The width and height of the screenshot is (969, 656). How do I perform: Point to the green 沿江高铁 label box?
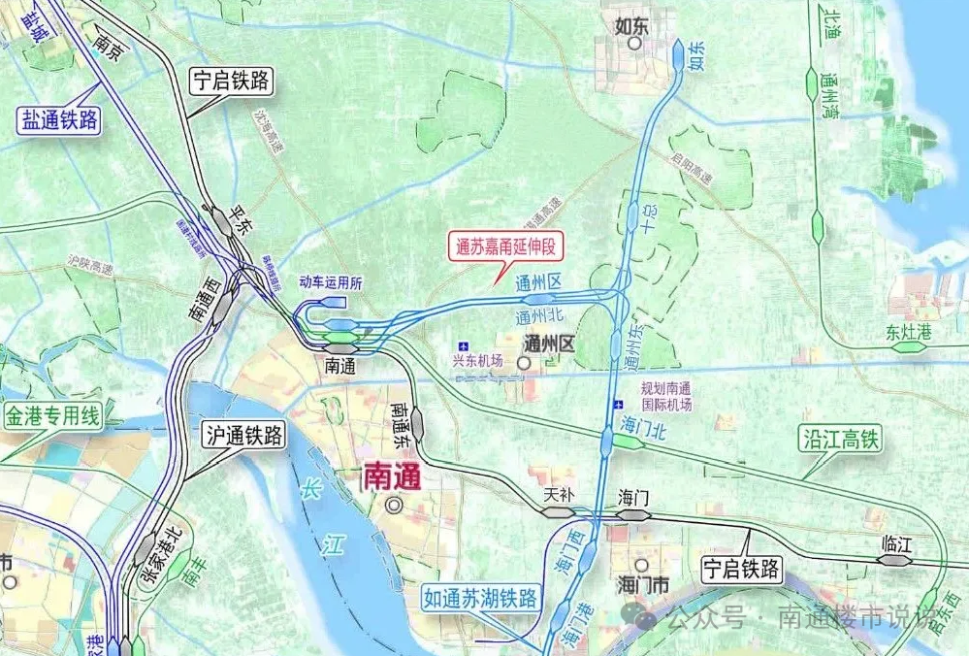(x=840, y=440)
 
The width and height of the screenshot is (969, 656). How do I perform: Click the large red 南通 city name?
(x=391, y=476)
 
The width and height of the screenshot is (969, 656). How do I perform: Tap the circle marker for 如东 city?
(x=635, y=43)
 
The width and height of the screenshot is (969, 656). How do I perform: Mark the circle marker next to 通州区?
(x=524, y=363)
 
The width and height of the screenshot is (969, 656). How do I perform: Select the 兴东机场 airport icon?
(x=464, y=345)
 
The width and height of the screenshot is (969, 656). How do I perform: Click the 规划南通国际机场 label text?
(x=666, y=395)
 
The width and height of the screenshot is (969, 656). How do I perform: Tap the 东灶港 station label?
(x=908, y=331)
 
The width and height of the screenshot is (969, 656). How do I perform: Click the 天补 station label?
(x=560, y=495)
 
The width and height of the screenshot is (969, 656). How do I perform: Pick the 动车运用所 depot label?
(x=330, y=283)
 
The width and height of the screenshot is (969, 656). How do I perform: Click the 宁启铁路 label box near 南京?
(x=231, y=81)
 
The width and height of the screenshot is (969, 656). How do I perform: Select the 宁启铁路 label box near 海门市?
(x=741, y=569)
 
